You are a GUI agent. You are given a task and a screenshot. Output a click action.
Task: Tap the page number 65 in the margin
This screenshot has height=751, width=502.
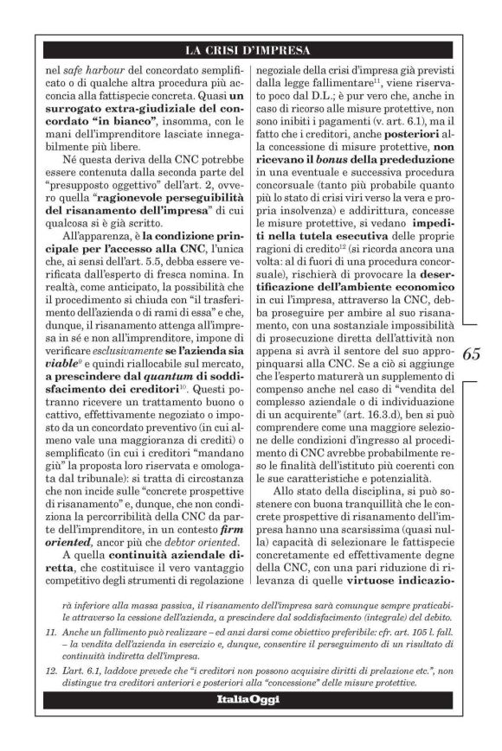click(x=473, y=355)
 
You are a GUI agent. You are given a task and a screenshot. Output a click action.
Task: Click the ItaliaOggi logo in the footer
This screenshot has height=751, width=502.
click(x=248, y=699)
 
